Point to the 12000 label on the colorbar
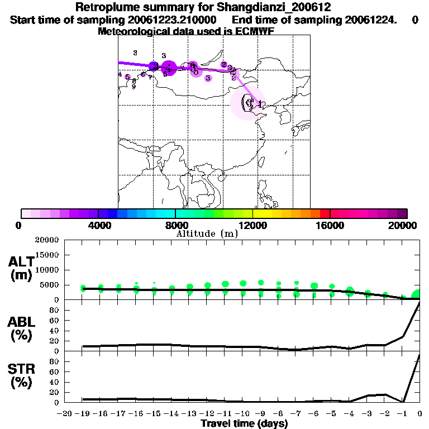coord(253,226)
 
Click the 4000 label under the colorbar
coord(98,226)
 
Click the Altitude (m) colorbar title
coord(207,233)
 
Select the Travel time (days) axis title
coord(244,424)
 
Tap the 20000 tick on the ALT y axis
coord(47,240)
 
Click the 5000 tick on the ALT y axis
coord(49,285)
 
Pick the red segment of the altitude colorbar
coord(325,213)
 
